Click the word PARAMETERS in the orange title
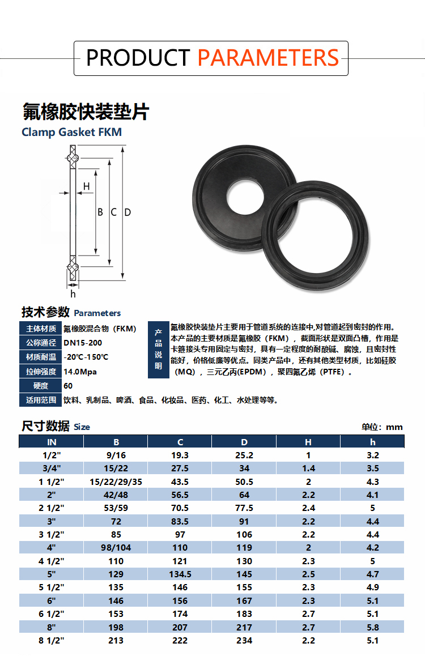[267, 58]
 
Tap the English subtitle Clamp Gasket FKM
[71, 132]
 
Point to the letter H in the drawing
[87, 186]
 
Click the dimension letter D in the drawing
[127, 212]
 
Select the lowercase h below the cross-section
[73, 294]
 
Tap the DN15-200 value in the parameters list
[83, 343]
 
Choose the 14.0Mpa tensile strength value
[80, 372]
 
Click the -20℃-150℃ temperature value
[86, 357]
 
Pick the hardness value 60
[68, 386]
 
